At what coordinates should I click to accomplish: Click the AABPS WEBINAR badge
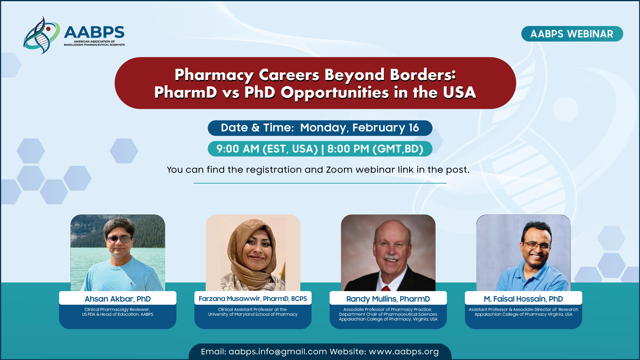point(572,34)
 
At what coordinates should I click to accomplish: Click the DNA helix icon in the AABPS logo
point(42,35)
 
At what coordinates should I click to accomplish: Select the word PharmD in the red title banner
point(186,92)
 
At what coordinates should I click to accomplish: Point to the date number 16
point(414,128)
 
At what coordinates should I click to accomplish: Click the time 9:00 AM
point(238,149)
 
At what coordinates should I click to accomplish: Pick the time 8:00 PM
point(348,149)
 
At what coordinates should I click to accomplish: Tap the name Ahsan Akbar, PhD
point(118,299)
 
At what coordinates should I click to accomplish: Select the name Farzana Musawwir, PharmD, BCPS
point(253,299)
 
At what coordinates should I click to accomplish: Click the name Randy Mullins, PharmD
point(388,299)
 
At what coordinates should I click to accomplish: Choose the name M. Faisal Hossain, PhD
point(524,299)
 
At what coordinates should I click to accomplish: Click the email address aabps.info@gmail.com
point(278,352)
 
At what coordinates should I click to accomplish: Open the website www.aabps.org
point(404,352)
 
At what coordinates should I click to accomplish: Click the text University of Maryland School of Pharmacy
point(253,314)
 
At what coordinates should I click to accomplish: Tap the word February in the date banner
point(379,128)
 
